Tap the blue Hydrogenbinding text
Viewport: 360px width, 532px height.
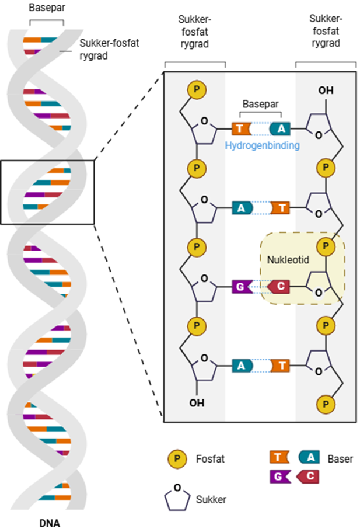coord(262,146)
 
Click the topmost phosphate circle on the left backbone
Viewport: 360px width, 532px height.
coord(197,90)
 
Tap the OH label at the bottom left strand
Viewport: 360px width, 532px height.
coord(197,402)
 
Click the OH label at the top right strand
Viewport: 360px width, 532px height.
coord(326,91)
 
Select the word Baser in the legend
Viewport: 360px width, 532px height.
coord(340,459)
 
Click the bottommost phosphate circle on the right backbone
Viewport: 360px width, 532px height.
coord(326,403)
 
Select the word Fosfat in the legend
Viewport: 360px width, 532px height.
coord(211,460)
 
